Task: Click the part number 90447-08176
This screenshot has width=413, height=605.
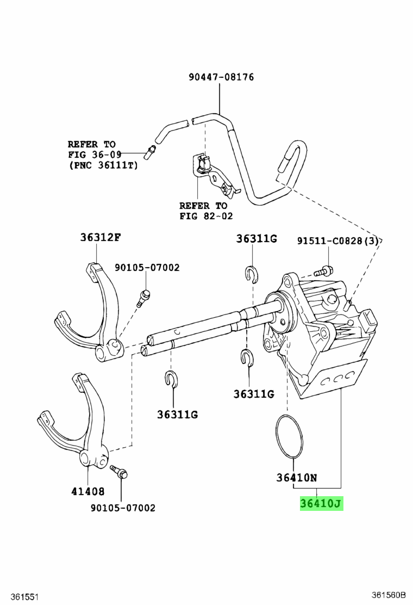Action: (221, 77)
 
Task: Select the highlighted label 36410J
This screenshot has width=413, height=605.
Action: (321, 504)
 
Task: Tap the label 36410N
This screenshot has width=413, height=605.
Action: (296, 478)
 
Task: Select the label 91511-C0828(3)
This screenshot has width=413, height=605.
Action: (337, 240)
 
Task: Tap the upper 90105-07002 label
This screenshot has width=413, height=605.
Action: (147, 267)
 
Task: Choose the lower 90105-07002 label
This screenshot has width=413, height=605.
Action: (123, 508)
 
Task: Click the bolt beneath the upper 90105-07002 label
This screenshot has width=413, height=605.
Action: (144, 297)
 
